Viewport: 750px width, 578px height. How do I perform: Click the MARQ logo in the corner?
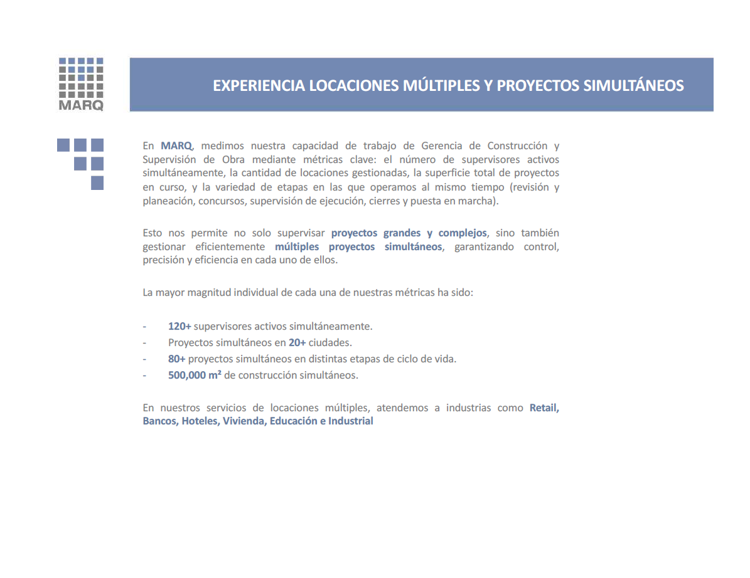[81, 84]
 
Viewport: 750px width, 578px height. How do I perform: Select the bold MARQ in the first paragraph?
[176, 145]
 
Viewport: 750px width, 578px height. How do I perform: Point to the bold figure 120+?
[179, 327]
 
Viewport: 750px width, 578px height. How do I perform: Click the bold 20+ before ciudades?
[297, 343]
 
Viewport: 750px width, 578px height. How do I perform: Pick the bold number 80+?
[177, 359]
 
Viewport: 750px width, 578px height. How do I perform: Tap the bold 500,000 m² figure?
[195, 376]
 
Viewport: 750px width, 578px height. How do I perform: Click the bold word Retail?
[544, 408]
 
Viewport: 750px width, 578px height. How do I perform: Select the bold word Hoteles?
[200, 421]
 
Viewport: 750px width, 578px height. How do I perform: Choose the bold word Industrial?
[351, 421]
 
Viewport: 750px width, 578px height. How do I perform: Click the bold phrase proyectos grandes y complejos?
[409, 233]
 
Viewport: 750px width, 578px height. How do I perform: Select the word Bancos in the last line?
[160, 421]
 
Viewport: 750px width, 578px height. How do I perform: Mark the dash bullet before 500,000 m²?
[145, 376]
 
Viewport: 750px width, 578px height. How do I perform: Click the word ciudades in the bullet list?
[329, 343]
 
